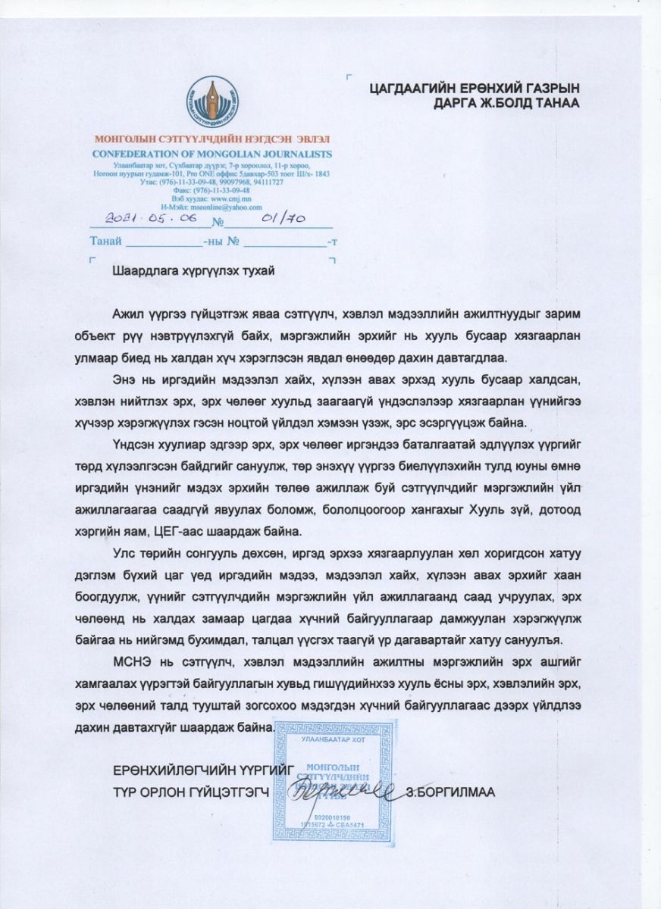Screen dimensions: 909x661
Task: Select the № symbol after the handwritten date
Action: pos(218,223)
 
